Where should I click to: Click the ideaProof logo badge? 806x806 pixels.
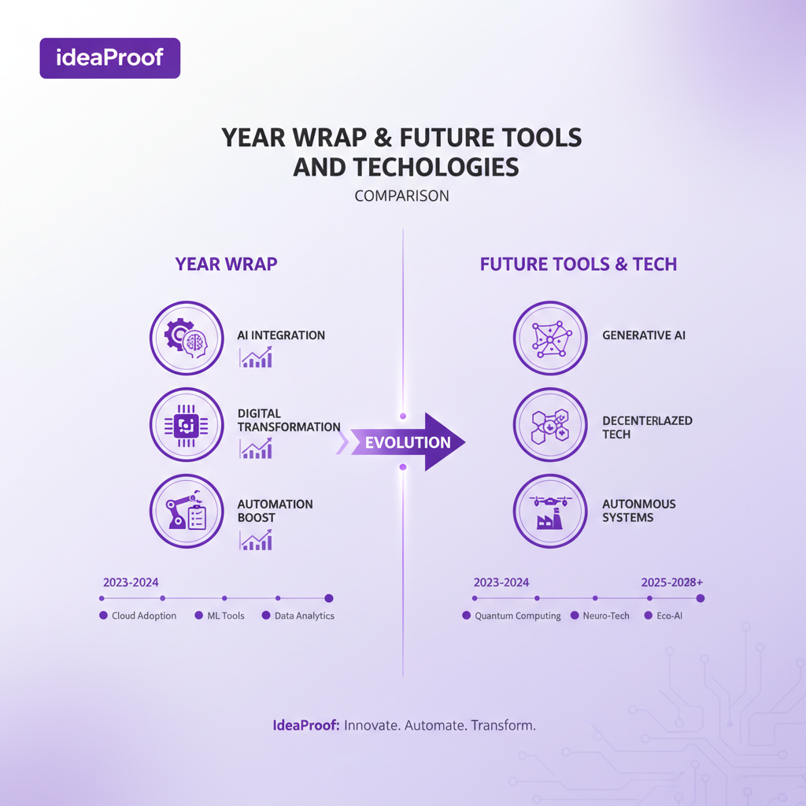109,58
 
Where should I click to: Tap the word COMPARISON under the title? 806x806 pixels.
401,196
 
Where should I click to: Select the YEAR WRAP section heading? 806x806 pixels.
226,264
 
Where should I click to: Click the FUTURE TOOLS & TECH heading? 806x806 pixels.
579,264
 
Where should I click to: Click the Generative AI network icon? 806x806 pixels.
550,338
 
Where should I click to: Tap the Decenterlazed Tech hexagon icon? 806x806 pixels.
550,426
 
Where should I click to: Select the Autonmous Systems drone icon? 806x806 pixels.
550,512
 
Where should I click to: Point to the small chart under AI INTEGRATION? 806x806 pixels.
256,359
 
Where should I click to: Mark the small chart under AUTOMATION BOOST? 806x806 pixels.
256,541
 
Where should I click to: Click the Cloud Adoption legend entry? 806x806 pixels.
139,616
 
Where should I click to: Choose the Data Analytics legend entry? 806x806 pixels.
299,616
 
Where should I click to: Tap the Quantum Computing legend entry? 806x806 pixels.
512,616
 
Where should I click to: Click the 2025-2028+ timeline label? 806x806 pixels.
671,582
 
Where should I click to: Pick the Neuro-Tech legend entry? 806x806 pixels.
601,616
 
